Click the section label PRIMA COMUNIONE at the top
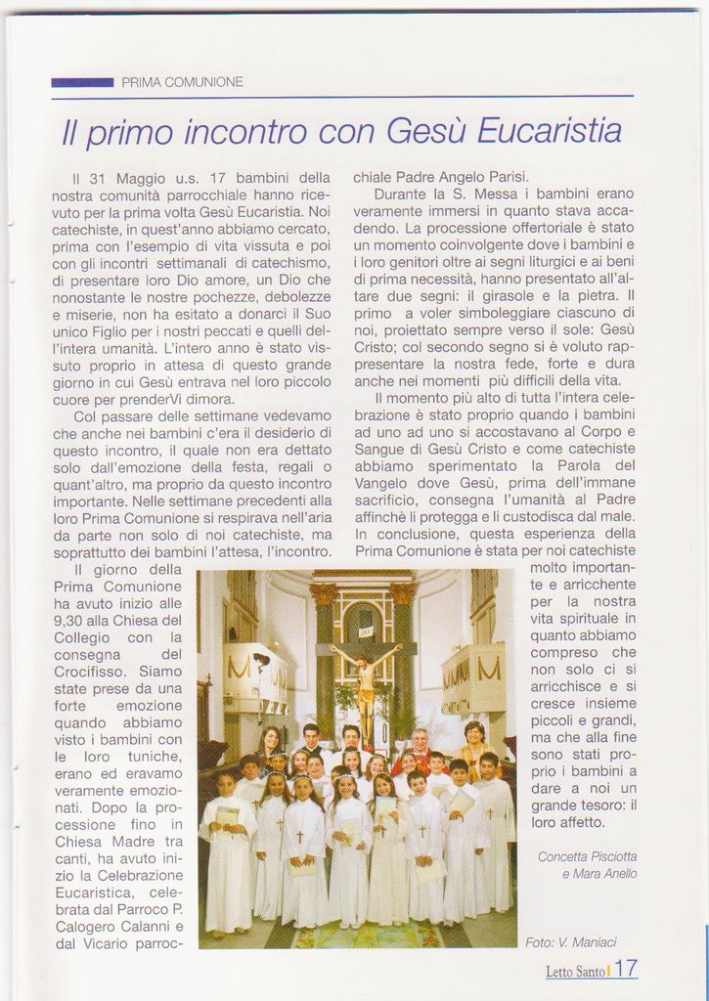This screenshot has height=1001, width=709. (x=182, y=83)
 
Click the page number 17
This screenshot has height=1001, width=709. (x=627, y=969)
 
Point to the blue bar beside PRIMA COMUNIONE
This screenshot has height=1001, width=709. (x=82, y=83)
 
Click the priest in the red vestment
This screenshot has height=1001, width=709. (x=420, y=750)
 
